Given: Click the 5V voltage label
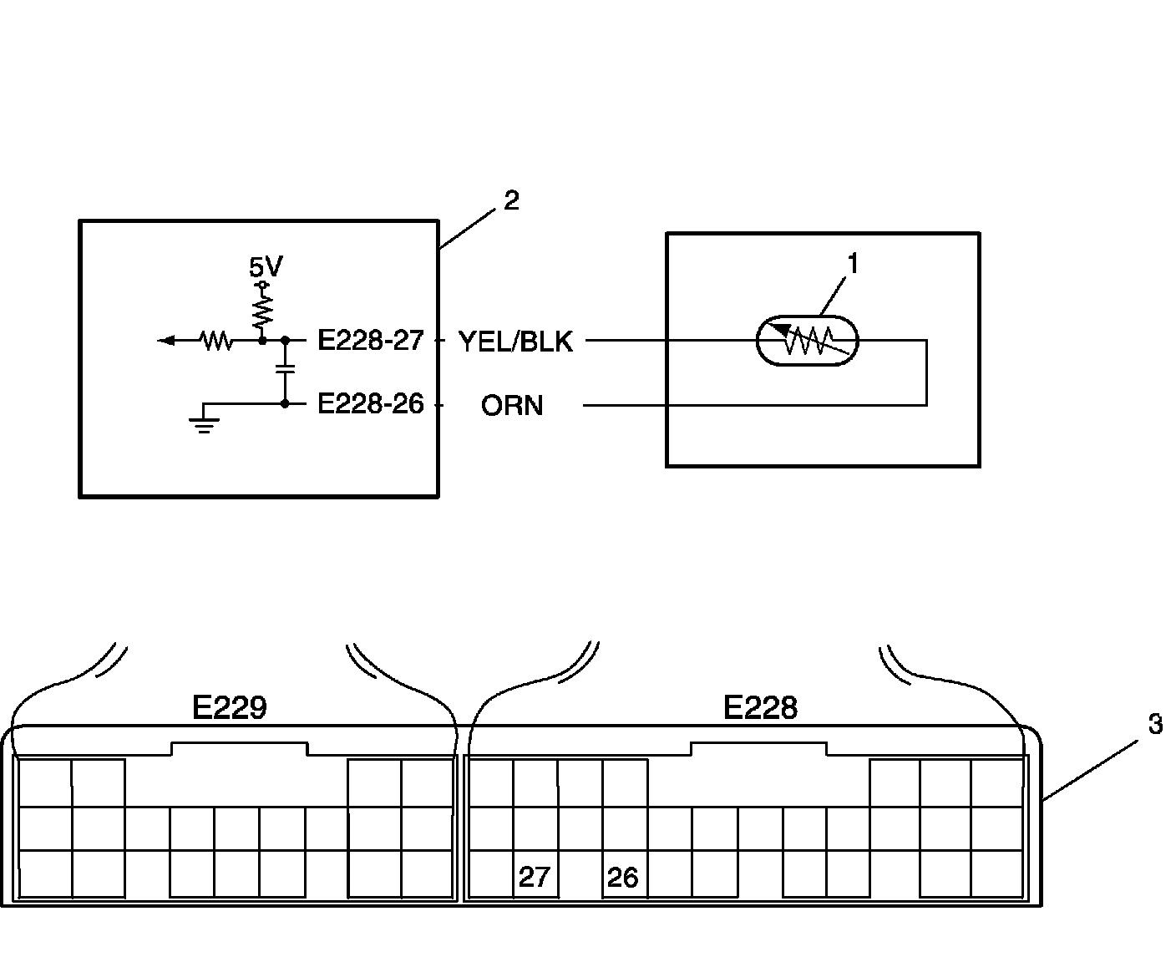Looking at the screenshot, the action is tap(266, 266).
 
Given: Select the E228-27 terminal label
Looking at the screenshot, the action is tap(371, 340).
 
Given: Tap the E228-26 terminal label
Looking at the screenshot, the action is tap(371, 404).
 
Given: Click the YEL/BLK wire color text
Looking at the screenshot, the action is tap(515, 342).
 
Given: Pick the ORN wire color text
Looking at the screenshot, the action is tap(512, 406).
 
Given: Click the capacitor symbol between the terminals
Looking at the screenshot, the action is tap(285, 369).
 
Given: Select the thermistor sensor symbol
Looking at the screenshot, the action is tap(807, 341).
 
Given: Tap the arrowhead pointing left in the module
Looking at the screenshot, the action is tap(166, 340).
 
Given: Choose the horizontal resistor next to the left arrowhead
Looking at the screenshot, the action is tap(216, 341).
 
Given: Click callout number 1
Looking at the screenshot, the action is tap(854, 264).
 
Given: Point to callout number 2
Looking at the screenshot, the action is tap(511, 200).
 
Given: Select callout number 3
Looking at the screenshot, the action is tap(1156, 724).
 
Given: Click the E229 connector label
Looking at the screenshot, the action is tap(229, 707).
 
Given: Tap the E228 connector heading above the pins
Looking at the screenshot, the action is tap(760, 707).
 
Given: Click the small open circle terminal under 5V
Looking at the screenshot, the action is tap(262, 285).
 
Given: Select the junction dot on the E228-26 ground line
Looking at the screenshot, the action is tap(285, 404).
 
